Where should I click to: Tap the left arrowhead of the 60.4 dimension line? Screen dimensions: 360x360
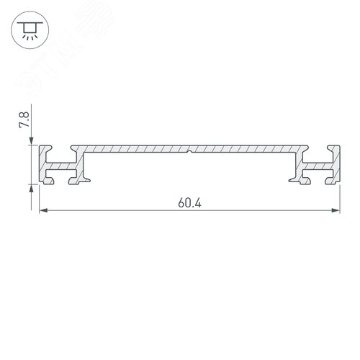tap(42, 210)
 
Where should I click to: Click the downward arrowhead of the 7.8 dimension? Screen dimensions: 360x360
tap(32, 140)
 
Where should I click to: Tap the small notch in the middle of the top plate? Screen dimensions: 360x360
tap(189, 152)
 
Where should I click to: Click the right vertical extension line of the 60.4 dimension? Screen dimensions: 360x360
tap(340, 198)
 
